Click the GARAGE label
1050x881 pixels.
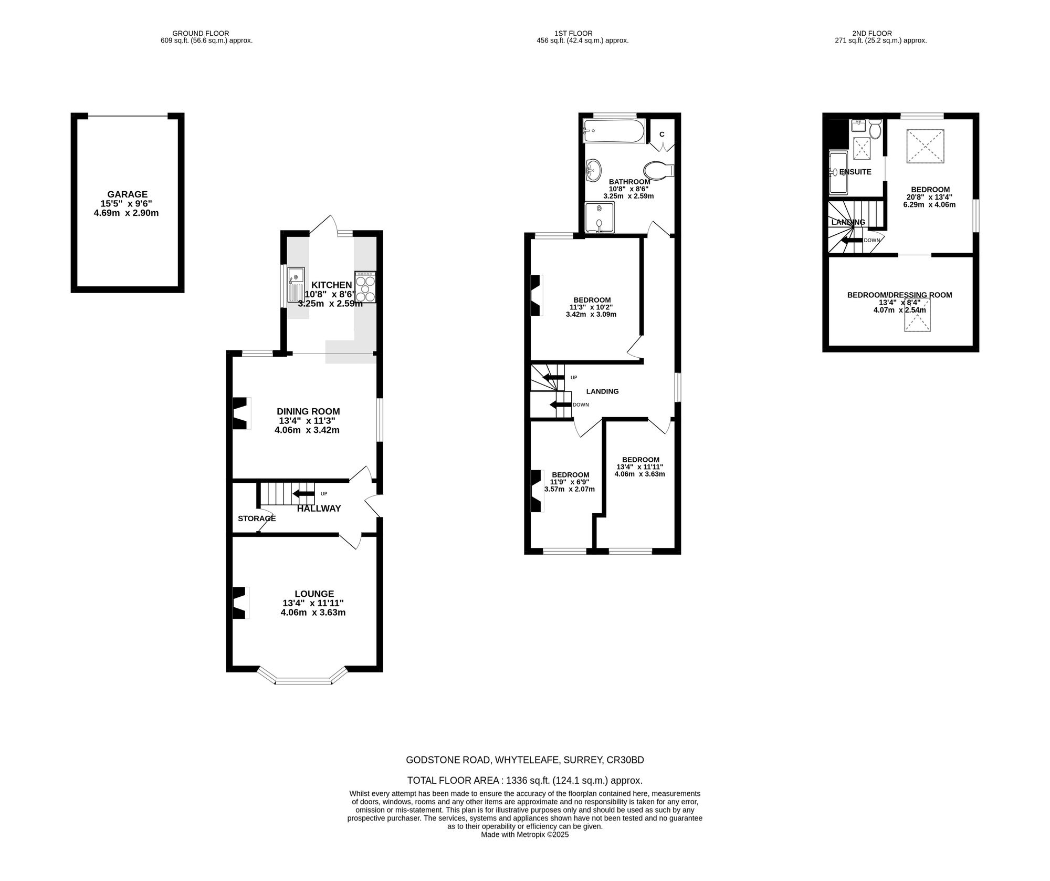tap(128, 194)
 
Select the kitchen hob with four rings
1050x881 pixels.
tap(365, 287)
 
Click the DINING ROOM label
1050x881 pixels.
tap(308, 411)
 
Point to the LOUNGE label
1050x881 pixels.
tap(314, 594)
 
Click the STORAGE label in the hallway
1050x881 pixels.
tap(257, 519)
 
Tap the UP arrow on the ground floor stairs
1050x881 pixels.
tap(303, 493)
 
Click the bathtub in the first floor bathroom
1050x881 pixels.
tap(614, 131)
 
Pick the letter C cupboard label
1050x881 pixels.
tap(662, 134)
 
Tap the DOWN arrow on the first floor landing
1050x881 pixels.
tap(560, 405)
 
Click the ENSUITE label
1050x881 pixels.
tap(855, 172)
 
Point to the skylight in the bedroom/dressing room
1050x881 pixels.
tap(917, 315)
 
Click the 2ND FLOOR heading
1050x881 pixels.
tap(880, 33)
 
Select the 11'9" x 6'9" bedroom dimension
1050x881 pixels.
tap(570, 482)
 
